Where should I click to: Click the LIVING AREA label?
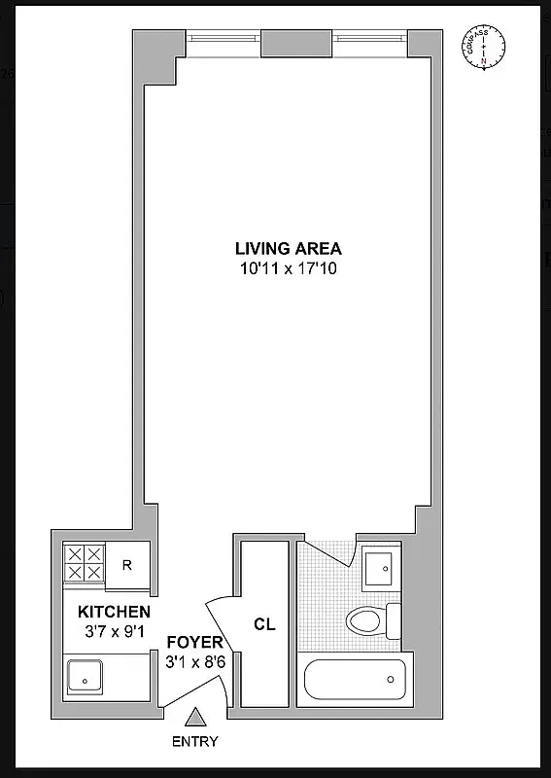click(288, 248)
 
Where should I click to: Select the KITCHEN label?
click(114, 612)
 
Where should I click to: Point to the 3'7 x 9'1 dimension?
click(114, 631)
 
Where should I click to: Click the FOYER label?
click(194, 644)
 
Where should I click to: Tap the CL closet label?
click(264, 624)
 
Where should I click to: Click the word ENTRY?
click(194, 741)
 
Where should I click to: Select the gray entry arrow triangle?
click(195, 718)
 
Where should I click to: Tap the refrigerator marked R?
click(128, 564)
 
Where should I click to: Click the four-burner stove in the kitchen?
click(84, 563)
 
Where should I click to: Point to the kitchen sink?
click(84, 673)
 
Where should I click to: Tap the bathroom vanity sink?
click(378, 566)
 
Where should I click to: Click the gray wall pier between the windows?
click(297, 42)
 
